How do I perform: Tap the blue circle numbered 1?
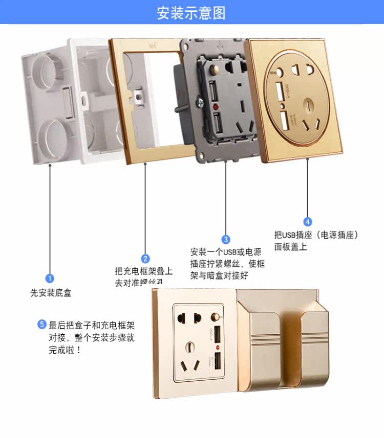(50, 278)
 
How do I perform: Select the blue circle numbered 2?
(145, 259)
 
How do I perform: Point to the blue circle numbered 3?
(226, 239)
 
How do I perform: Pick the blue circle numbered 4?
(307, 221)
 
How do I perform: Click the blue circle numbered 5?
(42, 324)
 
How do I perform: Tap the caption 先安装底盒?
(51, 293)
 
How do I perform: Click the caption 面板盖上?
(291, 247)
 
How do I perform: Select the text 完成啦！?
(65, 351)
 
